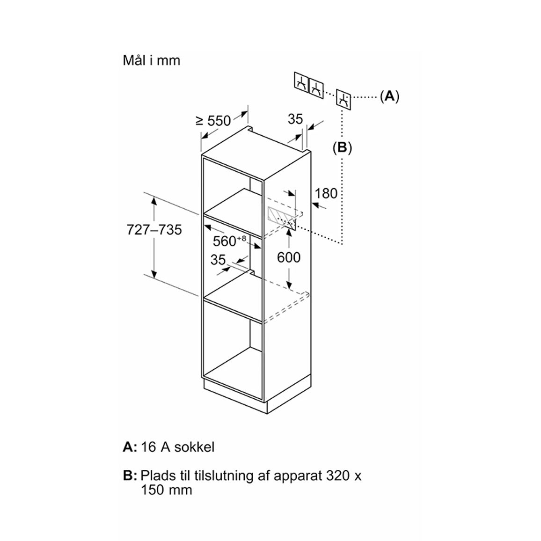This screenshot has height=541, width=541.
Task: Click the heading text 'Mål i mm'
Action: (x=152, y=60)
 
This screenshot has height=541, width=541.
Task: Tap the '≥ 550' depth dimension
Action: (x=213, y=121)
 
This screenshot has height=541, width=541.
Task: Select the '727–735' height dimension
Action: (x=154, y=230)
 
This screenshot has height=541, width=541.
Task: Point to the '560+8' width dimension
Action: (x=229, y=241)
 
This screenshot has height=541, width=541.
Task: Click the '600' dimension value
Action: (x=289, y=257)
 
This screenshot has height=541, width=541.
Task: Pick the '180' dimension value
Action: (x=326, y=193)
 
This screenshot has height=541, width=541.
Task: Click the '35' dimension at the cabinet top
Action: (x=295, y=119)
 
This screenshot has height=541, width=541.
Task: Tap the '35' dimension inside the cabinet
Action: (x=218, y=260)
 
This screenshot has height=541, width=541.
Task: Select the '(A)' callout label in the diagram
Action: (x=389, y=96)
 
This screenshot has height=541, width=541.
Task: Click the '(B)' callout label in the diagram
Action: (x=342, y=148)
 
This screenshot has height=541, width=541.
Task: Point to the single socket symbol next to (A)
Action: (x=344, y=100)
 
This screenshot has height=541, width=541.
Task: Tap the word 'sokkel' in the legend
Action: (x=194, y=447)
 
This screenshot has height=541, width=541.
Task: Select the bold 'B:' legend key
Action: (x=130, y=476)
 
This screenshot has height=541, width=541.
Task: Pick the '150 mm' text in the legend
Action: (x=166, y=490)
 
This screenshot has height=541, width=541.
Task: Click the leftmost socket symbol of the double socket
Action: (x=301, y=82)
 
